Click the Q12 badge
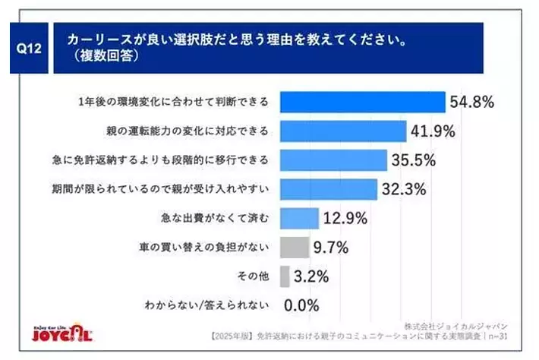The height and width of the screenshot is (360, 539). [x=29, y=47]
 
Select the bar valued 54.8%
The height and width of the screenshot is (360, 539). [x=363, y=102]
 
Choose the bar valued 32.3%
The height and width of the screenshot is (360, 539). [x=329, y=189]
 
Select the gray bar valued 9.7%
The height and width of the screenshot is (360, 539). [x=295, y=247]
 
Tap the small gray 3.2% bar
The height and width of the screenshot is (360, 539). [x=285, y=276]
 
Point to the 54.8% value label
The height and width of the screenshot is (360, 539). [x=474, y=102]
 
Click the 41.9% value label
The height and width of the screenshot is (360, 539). [x=433, y=131]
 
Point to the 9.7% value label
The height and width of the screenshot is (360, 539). [x=332, y=247]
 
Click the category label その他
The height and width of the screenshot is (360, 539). [x=254, y=276]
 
